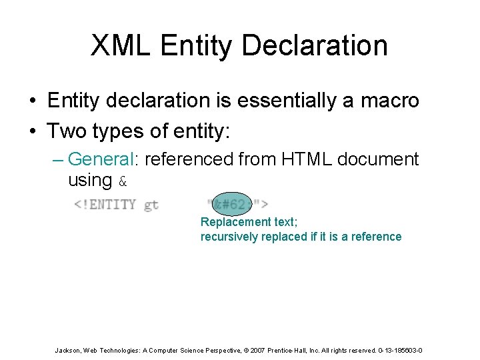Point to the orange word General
[100, 159]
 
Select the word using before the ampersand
[89, 180]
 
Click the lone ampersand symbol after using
[122, 181]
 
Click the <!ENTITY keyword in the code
[105, 205]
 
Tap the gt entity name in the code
[151, 205]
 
